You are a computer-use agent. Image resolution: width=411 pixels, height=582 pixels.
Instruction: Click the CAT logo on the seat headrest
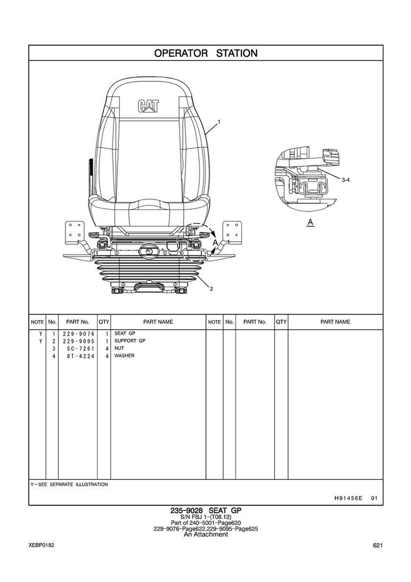[148, 106]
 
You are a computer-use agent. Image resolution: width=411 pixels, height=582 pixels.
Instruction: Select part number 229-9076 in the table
[79, 334]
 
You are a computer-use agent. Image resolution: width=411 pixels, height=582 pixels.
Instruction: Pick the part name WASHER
[124, 355]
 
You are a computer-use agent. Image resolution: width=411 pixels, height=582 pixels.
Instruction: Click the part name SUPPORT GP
[130, 341]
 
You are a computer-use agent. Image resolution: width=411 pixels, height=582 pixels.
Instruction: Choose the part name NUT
[119, 348]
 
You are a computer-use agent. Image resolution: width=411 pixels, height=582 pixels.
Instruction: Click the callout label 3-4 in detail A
[345, 180]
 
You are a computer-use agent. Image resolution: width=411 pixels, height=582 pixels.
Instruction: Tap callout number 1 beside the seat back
[219, 121]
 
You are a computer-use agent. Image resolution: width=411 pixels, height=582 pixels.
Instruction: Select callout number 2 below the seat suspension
[211, 289]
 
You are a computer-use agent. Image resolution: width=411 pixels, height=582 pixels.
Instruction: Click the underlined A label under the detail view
[311, 222]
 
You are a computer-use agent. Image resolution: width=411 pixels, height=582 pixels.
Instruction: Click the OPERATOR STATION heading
[206, 53]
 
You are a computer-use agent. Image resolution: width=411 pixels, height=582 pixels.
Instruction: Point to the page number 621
[378, 545]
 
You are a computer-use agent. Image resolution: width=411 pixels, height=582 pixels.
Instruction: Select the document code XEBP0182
[41, 545]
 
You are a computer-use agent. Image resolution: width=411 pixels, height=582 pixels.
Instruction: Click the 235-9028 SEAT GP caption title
[206, 511]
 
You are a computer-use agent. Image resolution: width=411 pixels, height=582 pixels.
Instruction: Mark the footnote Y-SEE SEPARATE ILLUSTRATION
[69, 485]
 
